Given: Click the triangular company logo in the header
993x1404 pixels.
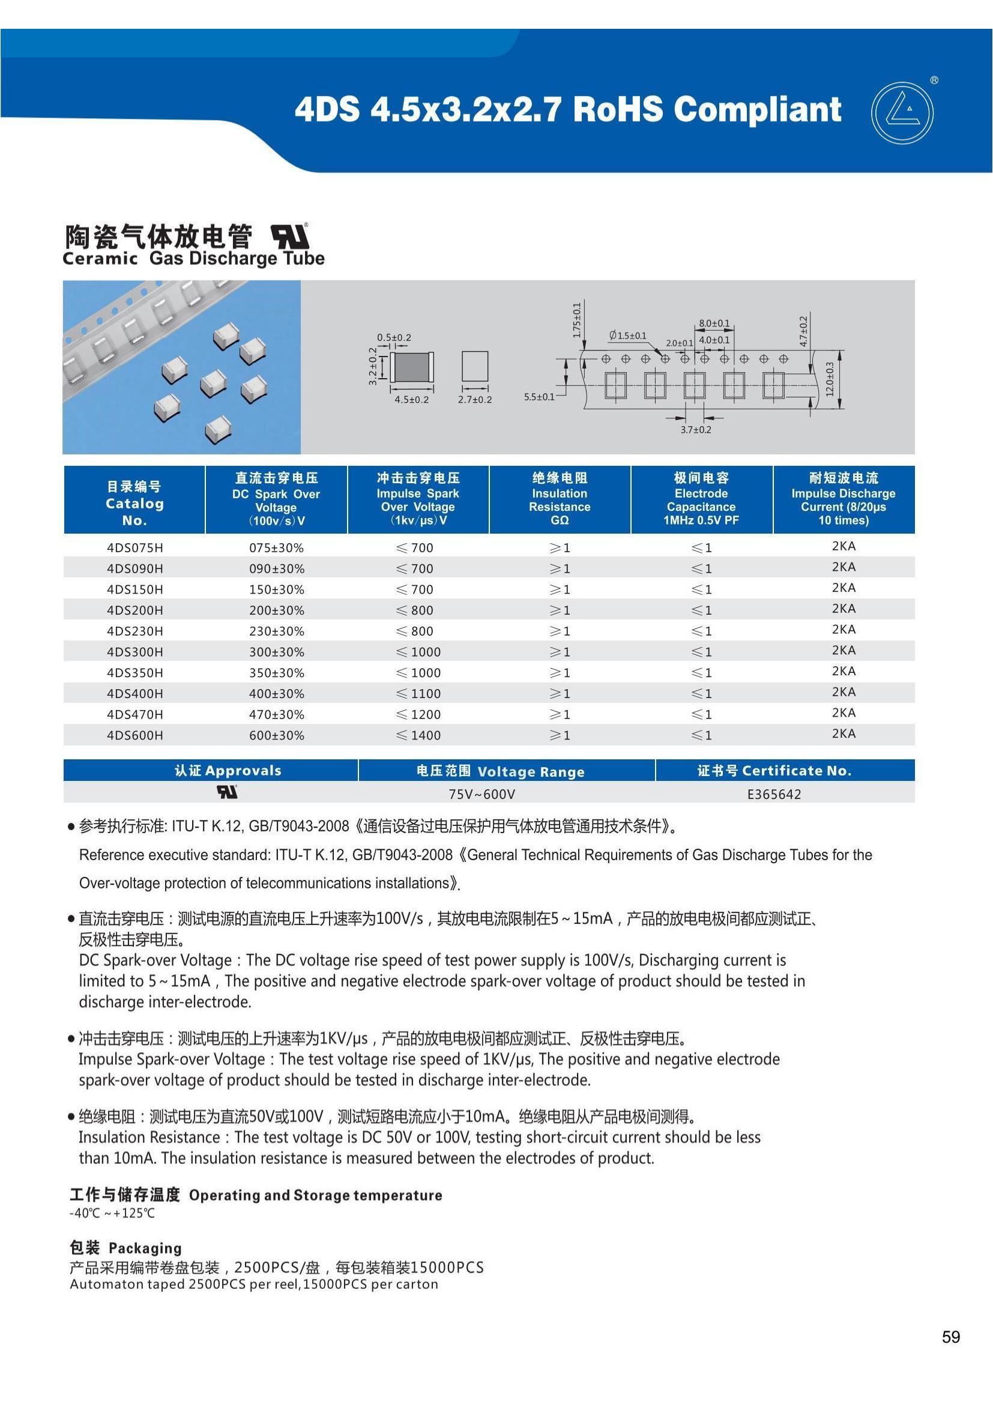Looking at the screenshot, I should click(x=902, y=113).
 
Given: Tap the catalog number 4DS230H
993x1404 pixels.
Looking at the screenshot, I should click(x=134, y=631).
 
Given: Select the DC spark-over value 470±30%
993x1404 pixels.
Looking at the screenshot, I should click(x=276, y=714).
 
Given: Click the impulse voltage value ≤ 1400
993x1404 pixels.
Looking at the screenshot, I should click(x=418, y=735).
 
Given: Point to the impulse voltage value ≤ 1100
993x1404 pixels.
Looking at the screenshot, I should click(x=418, y=693).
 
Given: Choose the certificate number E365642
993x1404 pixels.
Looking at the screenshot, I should click(x=774, y=794).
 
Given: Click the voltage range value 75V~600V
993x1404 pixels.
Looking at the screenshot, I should click(x=482, y=794).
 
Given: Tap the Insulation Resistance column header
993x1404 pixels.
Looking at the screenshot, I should click(x=560, y=499).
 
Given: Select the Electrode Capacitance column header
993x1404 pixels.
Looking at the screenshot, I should click(x=701, y=499).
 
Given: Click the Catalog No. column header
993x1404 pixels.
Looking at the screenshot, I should click(x=134, y=503).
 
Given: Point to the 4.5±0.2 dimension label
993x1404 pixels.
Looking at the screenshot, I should click(x=411, y=399).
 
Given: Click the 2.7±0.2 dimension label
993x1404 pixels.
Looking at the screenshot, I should click(x=475, y=399).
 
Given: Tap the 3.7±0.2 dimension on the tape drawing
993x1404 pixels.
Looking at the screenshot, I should click(x=696, y=429).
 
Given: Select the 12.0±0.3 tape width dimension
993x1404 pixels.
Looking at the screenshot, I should click(x=830, y=379).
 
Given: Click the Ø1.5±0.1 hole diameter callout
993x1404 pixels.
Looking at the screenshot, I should click(x=627, y=336).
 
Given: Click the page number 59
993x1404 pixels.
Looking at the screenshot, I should click(x=951, y=1337).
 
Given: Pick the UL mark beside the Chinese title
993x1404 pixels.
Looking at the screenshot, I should click(x=290, y=236).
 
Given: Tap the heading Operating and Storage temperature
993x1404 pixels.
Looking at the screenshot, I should click(x=316, y=1195).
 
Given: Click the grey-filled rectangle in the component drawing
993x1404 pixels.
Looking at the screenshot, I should click(x=411, y=367).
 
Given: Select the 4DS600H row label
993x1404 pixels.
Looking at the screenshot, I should click(x=134, y=735).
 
